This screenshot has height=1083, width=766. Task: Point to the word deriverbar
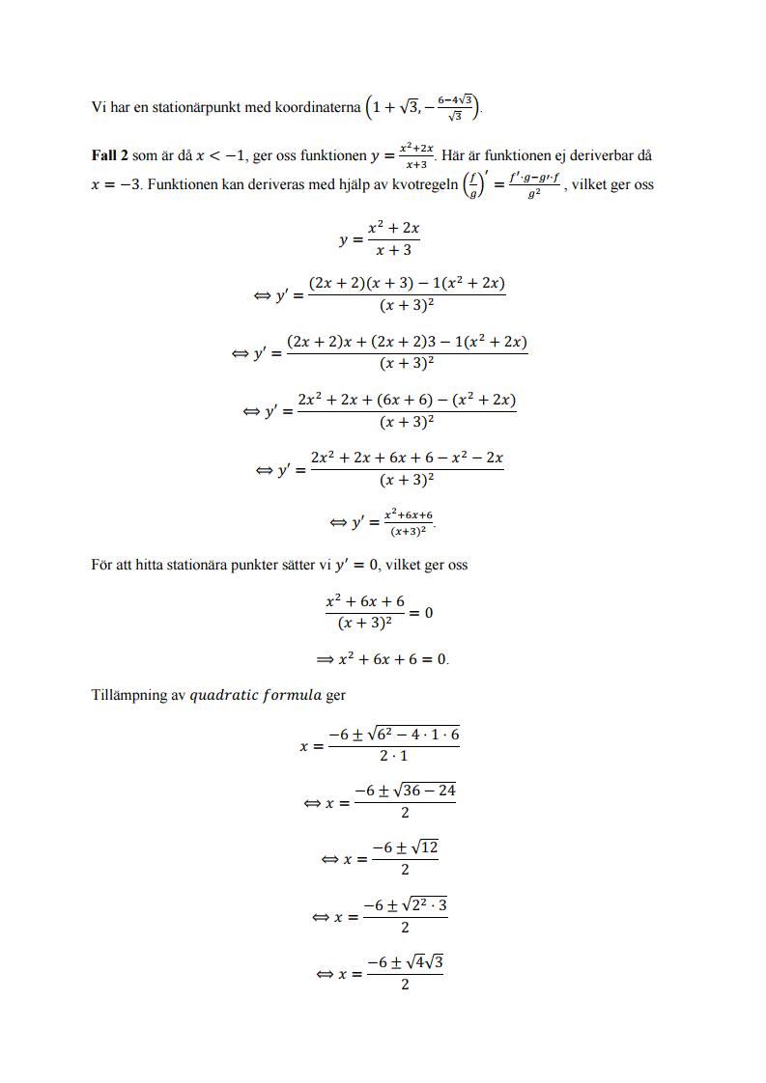coord(605,154)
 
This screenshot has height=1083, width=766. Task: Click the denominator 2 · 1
coord(393,756)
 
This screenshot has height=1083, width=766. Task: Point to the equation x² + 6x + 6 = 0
coord(392,660)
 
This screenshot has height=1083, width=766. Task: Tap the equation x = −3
coord(113,185)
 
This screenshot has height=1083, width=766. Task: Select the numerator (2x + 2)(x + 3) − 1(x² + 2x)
coord(406,284)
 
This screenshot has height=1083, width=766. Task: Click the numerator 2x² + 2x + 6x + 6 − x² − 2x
coord(406,458)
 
